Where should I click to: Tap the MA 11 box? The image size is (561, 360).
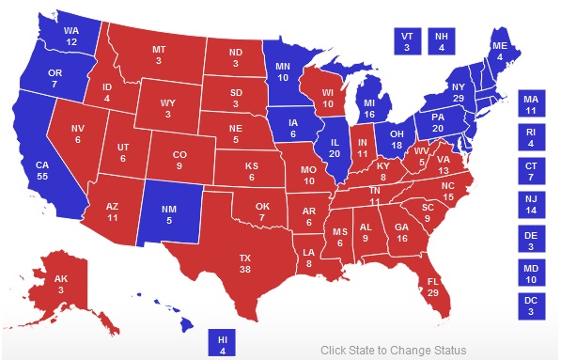[531, 103]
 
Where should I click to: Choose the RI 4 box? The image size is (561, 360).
[531, 138]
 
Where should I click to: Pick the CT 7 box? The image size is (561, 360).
[531, 172]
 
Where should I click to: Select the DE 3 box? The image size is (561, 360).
[531, 240]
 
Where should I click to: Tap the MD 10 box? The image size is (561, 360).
[531, 273]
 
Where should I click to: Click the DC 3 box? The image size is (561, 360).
[531, 306]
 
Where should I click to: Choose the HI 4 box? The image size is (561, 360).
[223, 344]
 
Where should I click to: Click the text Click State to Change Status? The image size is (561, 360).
[393, 351]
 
